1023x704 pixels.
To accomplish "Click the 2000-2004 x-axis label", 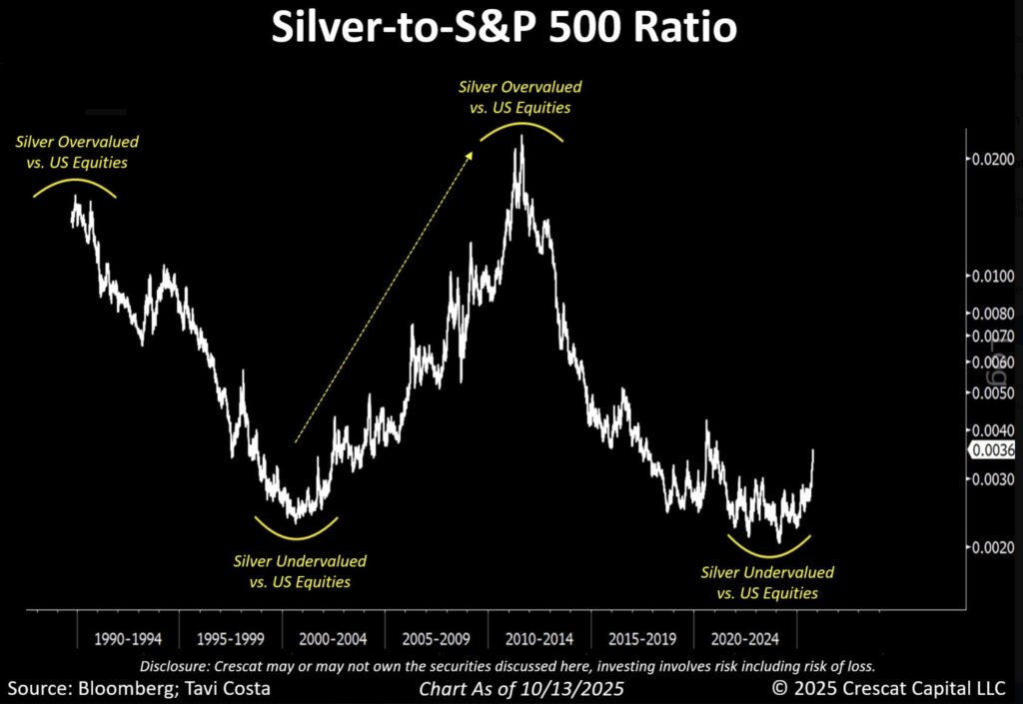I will [334, 636].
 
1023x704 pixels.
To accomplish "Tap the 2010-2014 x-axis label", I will [539, 636].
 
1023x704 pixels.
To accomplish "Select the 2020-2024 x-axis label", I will [745, 636].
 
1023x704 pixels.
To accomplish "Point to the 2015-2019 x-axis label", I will [642, 636].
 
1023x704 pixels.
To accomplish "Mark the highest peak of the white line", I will [519, 136].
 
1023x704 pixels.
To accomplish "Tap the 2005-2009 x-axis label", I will [437, 636].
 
